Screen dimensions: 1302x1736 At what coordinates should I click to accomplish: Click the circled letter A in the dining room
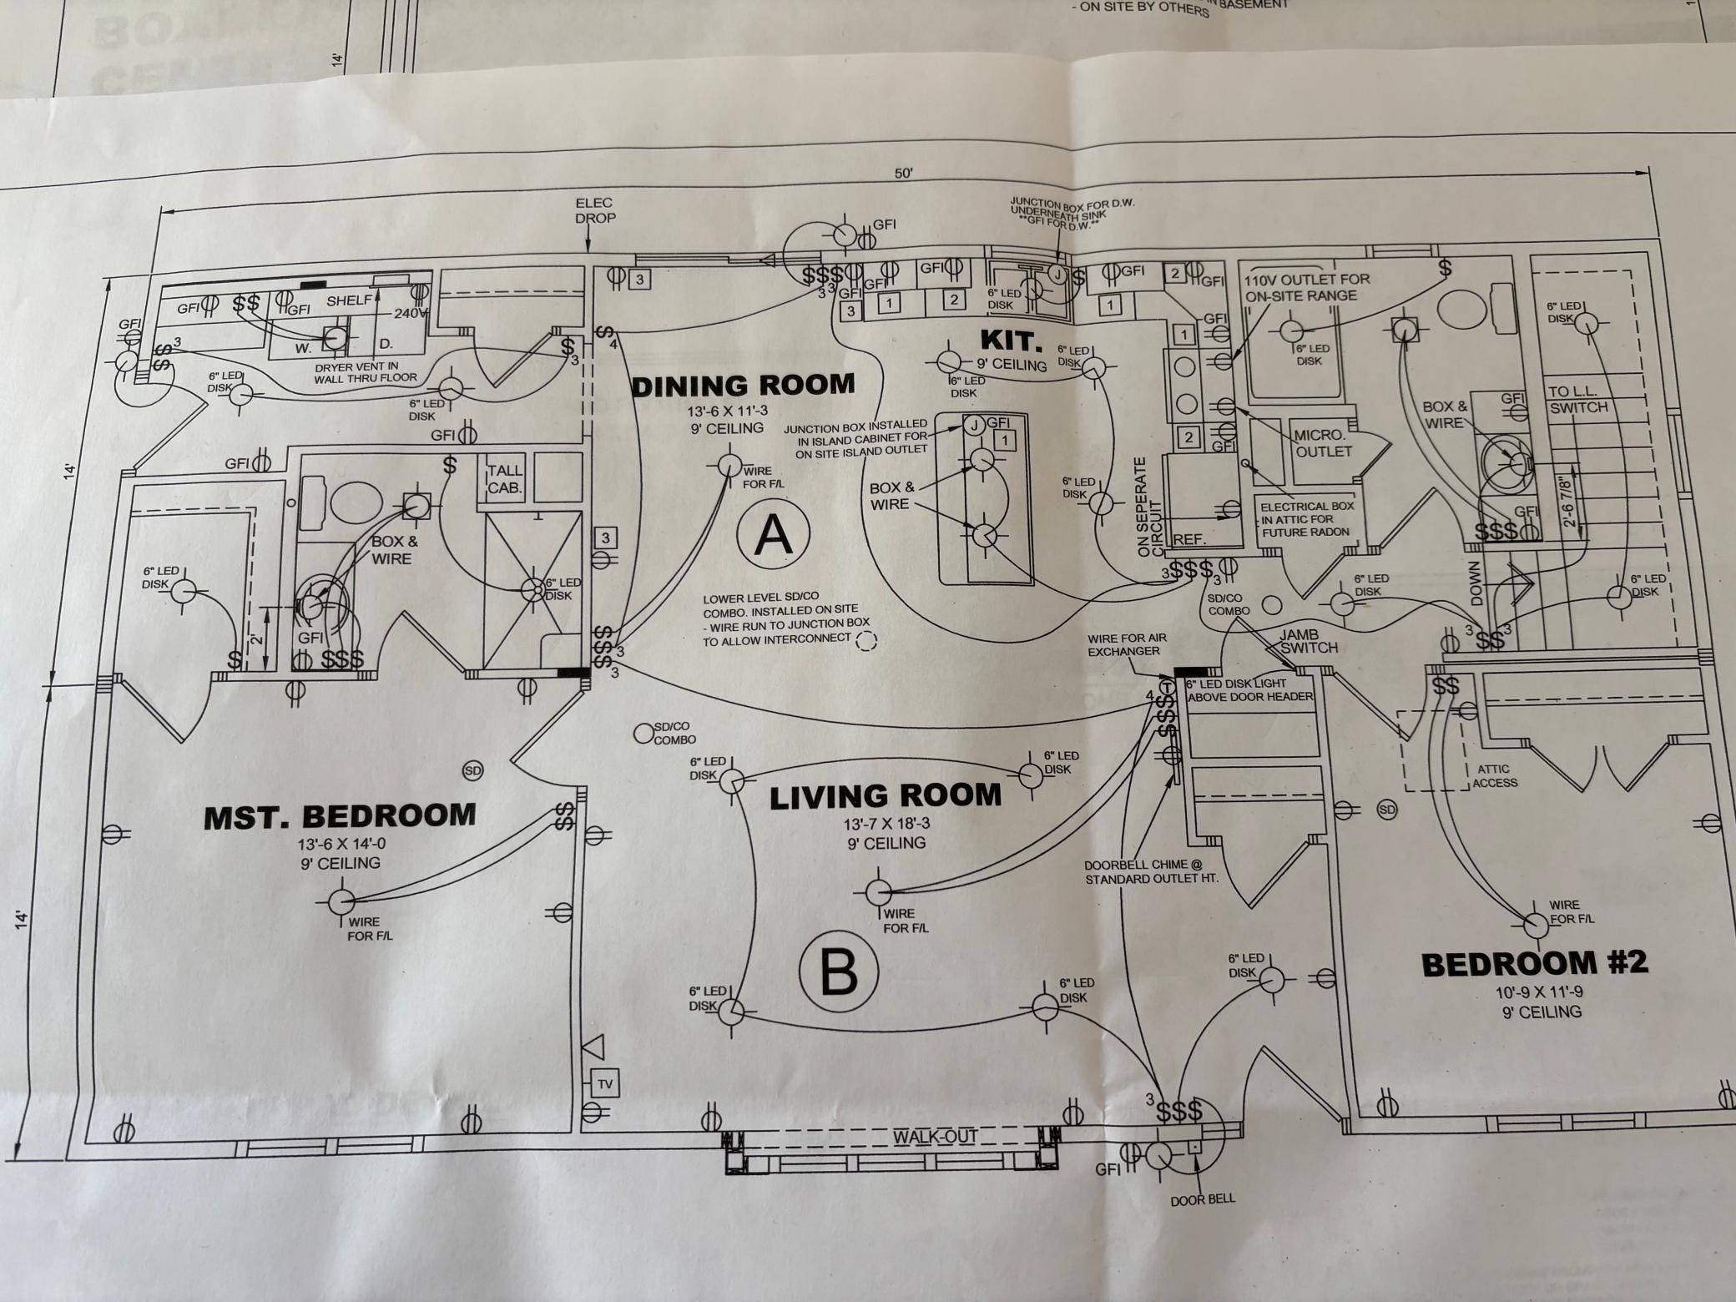773,536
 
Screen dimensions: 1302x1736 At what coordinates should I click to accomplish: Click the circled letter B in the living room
839,970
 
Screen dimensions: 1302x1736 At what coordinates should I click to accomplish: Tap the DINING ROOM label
744,385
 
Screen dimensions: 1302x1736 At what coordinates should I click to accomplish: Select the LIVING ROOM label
885,795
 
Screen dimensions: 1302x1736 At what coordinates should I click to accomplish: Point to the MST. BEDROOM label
340,815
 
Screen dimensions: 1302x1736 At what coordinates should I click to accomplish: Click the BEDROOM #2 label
1535,964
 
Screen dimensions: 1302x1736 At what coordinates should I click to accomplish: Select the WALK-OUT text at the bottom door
935,1137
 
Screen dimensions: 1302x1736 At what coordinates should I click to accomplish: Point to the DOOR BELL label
1202,1199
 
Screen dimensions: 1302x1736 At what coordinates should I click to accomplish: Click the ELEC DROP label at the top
594,210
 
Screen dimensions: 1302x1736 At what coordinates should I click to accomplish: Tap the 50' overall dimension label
904,174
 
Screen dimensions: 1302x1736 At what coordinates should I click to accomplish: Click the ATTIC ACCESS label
1494,776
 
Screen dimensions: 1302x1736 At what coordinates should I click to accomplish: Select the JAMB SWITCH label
1309,641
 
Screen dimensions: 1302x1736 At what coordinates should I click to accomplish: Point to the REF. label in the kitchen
1189,540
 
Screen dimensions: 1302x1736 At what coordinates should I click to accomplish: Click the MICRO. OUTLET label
1322,443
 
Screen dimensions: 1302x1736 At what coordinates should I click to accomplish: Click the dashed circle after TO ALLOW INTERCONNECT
868,641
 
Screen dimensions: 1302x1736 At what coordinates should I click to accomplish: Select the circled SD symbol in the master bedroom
472,770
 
